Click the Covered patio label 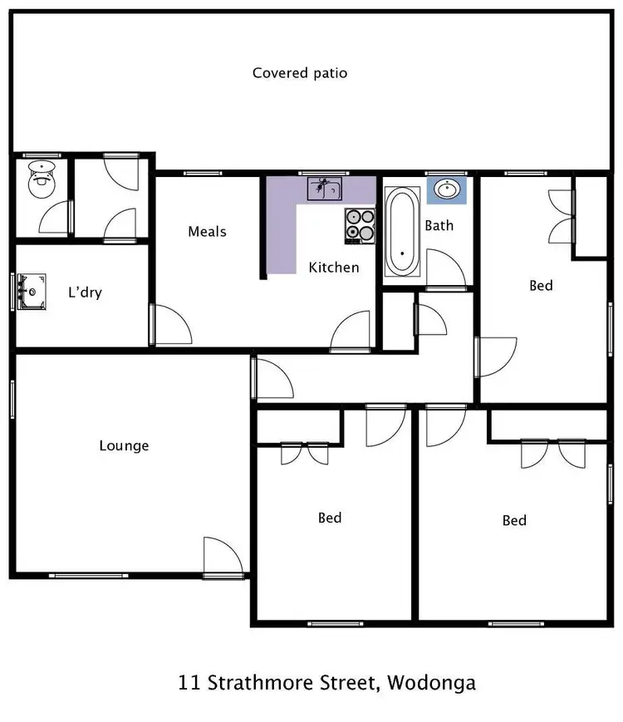coord(300,73)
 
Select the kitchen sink coord(324,189)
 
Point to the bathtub coord(403,233)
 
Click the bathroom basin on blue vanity coord(447,190)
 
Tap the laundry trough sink coord(33,291)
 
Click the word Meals coord(207,231)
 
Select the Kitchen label coord(334,267)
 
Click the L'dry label coord(85,292)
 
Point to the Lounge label coord(124,445)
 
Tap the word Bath coord(439,224)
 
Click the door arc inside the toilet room coord(55,220)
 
